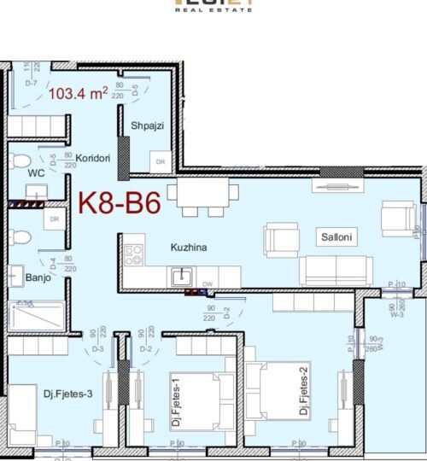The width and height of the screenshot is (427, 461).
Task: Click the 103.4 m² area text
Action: click(x=78, y=94)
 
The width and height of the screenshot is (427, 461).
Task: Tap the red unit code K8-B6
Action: click(x=120, y=203)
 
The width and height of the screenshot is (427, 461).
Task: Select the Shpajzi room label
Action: click(x=147, y=126)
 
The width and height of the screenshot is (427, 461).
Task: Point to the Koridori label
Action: click(x=90, y=159)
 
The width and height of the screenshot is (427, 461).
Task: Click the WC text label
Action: click(x=36, y=172)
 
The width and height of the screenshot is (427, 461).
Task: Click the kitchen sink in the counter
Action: click(x=180, y=277)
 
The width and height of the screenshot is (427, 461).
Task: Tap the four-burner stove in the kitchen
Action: click(x=132, y=253)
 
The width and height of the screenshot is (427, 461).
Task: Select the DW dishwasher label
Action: click(x=208, y=283)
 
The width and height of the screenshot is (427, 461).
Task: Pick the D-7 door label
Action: click(x=32, y=83)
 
